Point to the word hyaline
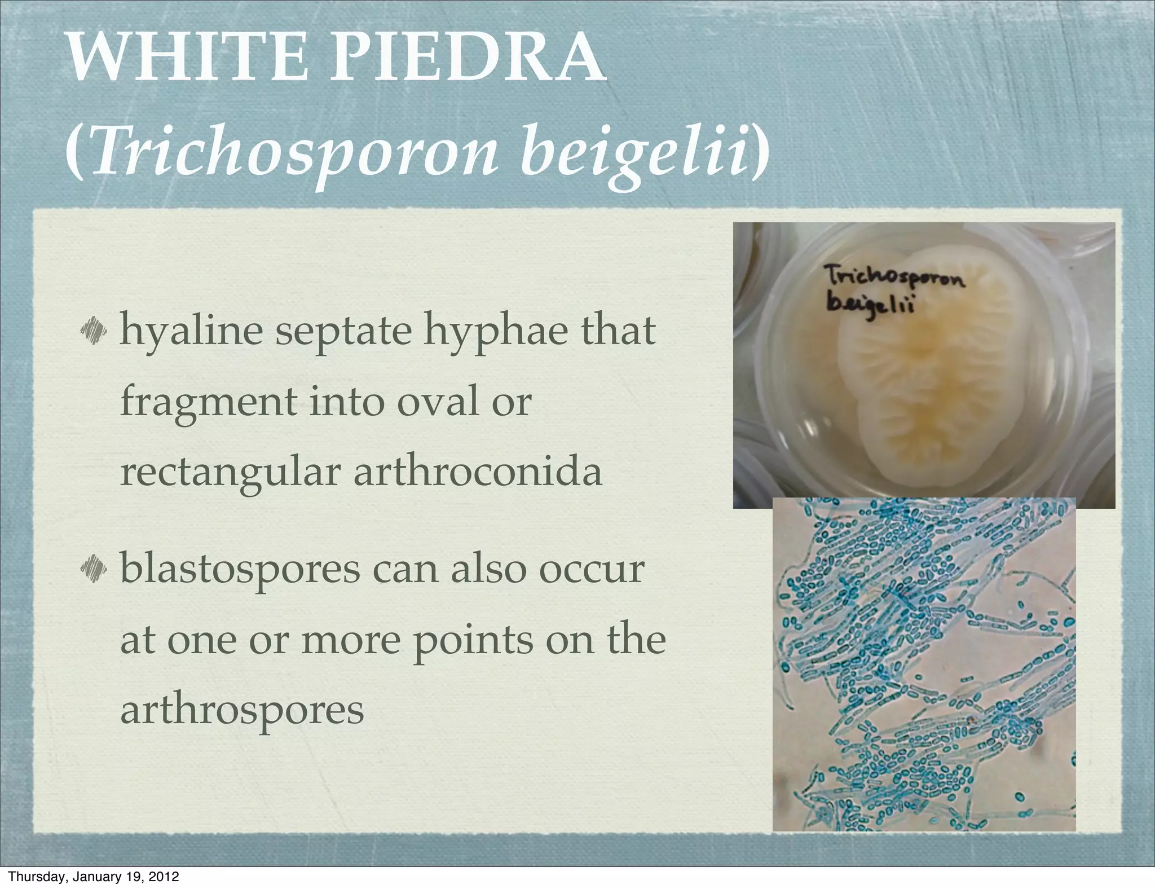pos(191,332)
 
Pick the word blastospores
pos(240,570)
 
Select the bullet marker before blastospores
pos(94,567)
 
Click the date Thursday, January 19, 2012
pos(95,877)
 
